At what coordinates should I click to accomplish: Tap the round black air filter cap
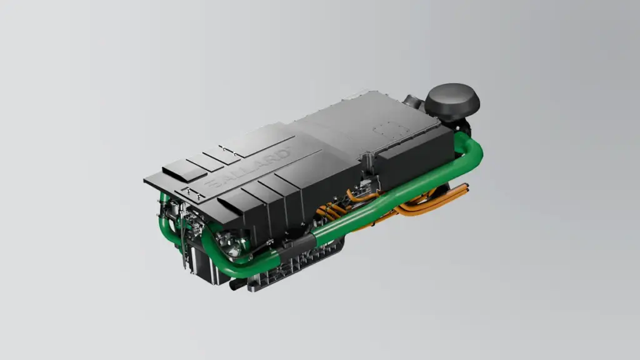point(452,102)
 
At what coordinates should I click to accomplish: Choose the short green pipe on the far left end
point(164,206)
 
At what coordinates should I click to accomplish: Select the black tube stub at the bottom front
point(238,285)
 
